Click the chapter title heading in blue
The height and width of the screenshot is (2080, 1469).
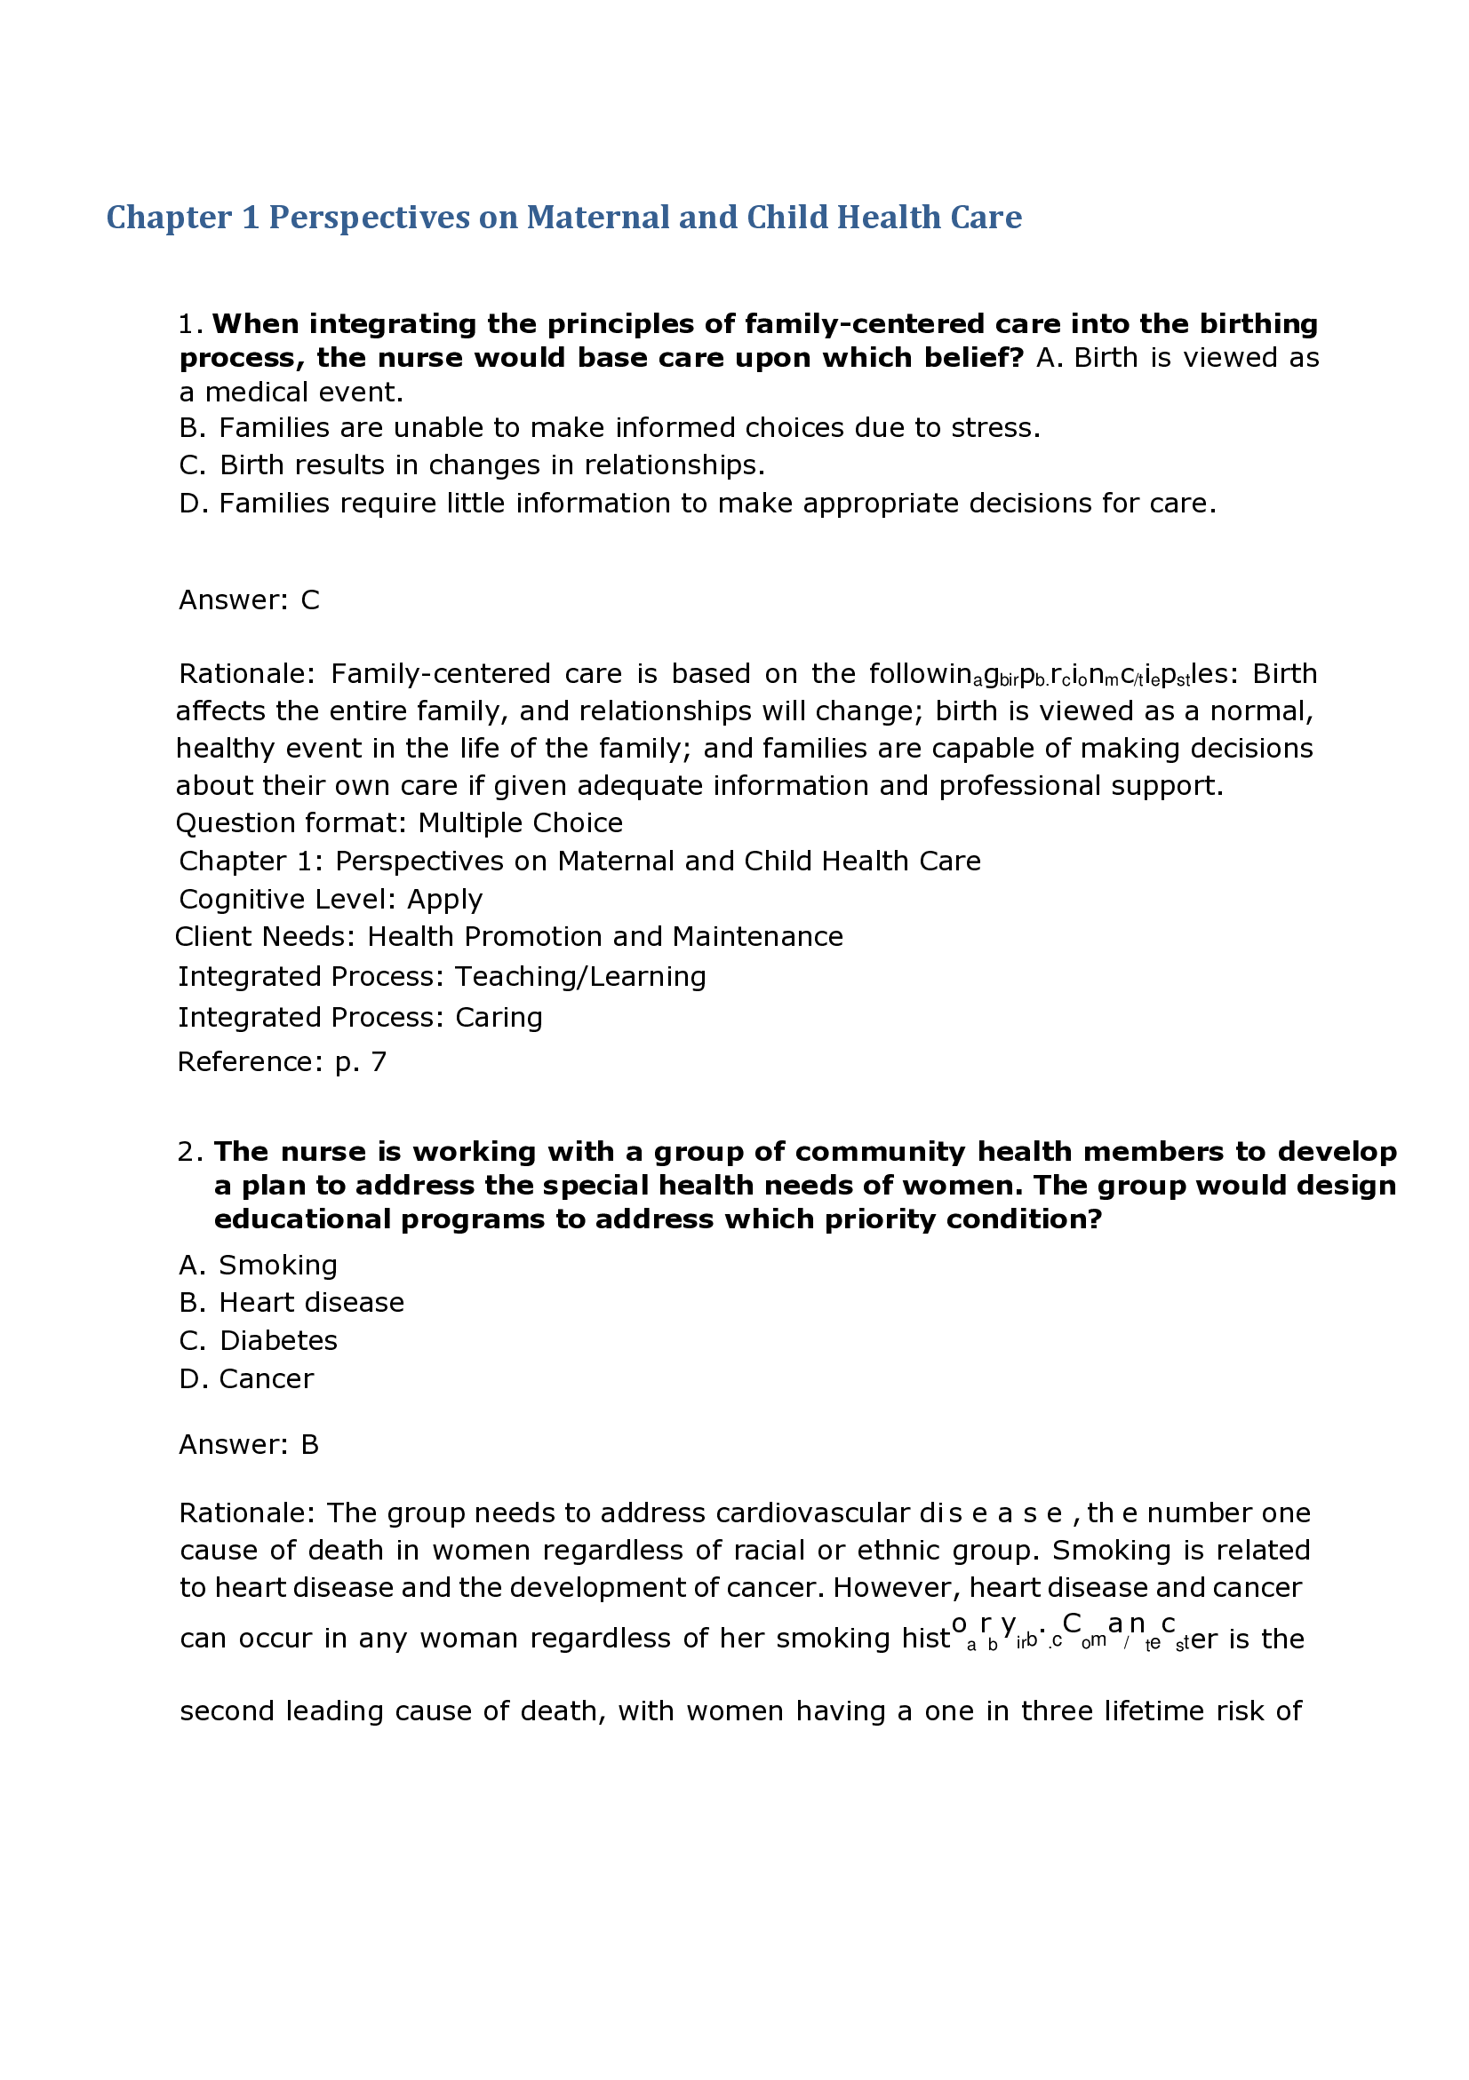point(563,218)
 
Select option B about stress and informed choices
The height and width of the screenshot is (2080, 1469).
point(609,427)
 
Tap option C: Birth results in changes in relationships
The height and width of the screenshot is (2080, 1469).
point(471,465)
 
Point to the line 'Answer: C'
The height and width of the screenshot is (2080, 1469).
point(249,599)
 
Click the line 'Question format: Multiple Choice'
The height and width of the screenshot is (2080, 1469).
point(399,822)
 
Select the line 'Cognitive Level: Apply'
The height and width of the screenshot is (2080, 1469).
point(331,899)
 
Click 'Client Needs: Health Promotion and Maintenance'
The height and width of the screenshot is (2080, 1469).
point(508,936)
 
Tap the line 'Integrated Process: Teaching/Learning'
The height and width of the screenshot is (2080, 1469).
point(442,977)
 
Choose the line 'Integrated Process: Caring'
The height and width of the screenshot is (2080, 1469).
point(360,1017)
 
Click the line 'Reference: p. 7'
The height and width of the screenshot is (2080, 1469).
point(282,1061)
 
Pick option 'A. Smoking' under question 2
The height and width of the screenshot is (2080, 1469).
point(259,1265)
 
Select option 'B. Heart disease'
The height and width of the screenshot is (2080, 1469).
point(291,1302)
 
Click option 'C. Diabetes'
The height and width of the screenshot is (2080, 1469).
point(259,1340)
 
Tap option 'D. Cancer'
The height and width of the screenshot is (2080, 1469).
point(246,1377)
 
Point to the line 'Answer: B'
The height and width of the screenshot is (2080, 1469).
point(249,1444)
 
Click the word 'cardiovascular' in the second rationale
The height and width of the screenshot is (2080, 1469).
point(812,1512)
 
